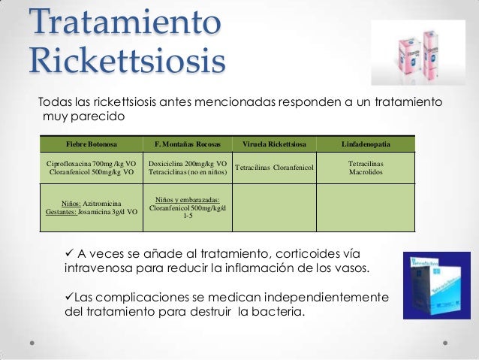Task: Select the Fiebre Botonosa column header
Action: (92, 144)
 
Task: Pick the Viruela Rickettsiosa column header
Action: (274, 144)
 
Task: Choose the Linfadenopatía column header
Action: (365, 144)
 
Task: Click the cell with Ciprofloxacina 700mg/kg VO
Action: (92, 167)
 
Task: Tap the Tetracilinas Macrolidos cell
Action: (366, 167)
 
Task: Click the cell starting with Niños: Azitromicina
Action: (92, 207)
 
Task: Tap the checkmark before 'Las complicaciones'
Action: (70, 298)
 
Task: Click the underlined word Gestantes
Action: (61, 212)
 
